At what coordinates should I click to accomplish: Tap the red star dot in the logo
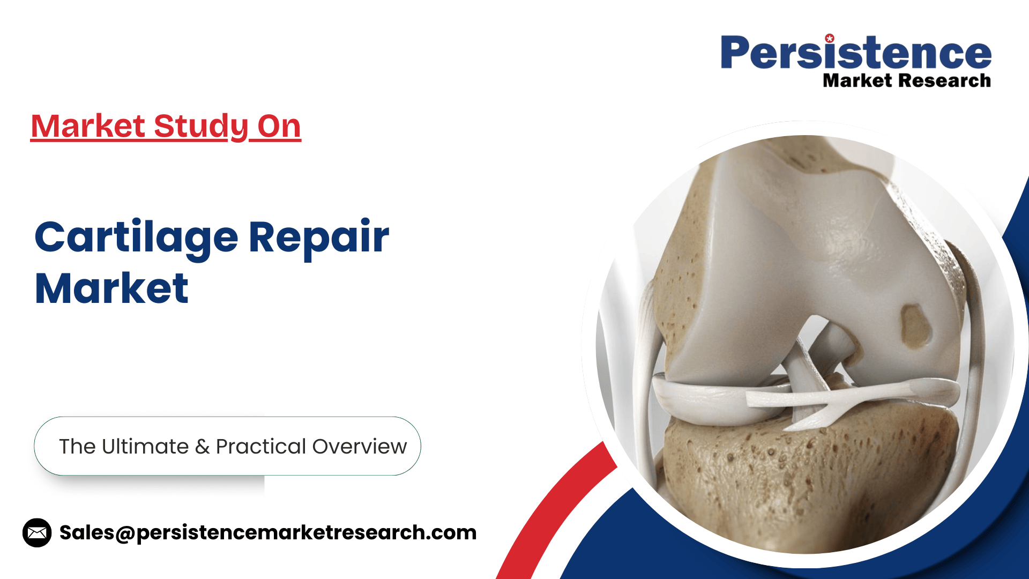830,38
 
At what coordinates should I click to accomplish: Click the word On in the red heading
279,127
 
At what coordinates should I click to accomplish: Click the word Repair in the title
319,238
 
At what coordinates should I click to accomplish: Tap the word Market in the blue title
112,288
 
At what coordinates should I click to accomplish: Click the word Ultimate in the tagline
145,446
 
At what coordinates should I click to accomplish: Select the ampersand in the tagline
203,447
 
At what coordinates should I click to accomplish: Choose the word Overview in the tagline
360,447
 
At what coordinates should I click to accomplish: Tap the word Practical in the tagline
261,446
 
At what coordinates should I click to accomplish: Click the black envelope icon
37,533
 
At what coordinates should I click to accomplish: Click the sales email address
268,533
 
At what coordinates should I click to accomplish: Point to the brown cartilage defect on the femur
915,324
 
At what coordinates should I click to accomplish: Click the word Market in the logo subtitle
858,80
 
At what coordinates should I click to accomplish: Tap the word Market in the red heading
88,127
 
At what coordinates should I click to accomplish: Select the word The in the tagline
77,446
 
